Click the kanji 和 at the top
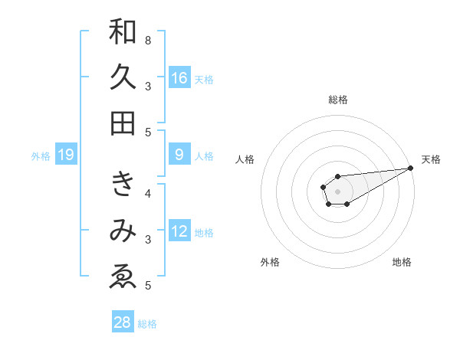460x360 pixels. tap(123, 32)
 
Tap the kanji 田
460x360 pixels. tap(123, 123)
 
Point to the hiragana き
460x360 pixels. tap(123, 184)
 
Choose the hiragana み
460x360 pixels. tap(123, 231)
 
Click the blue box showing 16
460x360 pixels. tap(179, 78)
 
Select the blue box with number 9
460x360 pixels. tap(179, 155)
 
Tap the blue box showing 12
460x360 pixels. tap(179, 231)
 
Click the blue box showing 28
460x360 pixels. tap(123, 322)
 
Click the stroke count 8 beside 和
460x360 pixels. tap(148, 40)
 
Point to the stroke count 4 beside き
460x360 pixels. tap(148, 193)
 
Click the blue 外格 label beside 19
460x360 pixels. tap(41, 156)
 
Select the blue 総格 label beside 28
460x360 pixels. tap(147, 324)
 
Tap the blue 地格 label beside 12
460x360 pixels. tap(204, 233)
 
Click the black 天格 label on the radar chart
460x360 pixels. tap(431, 159)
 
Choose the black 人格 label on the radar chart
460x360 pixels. tap(245, 159)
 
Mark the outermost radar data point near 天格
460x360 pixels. tap(410, 168)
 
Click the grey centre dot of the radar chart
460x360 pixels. tap(337, 190)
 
